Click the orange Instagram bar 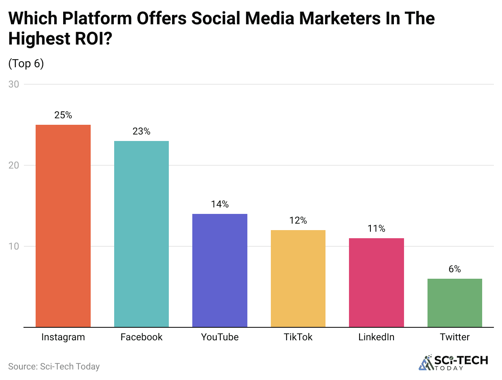[x=63, y=226]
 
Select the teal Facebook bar [x=141, y=234]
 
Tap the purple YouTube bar [x=219, y=270]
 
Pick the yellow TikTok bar [x=298, y=278]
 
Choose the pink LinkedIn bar [x=376, y=282]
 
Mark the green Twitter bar [x=455, y=303]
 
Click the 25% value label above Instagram [x=63, y=115]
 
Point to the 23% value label [x=141, y=132]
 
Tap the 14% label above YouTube [x=219, y=205]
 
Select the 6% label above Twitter [x=455, y=269]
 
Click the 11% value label [x=376, y=229]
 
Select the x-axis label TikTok [x=298, y=337]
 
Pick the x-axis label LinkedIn [x=376, y=337]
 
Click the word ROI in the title [x=86, y=39]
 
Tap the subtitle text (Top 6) [x=26, y=64]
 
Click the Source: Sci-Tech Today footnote [x=54, y=367]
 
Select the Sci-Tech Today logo [x=453, y=363]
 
